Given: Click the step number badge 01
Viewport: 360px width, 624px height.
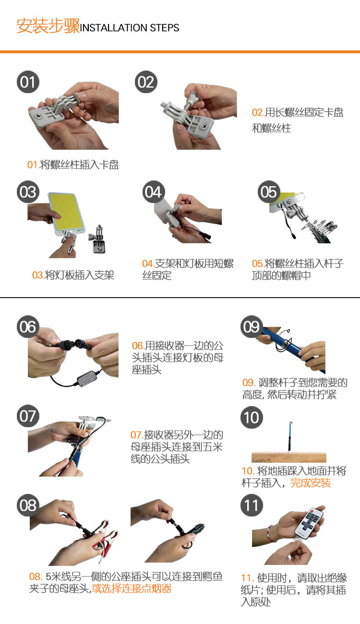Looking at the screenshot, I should [x=28, y=82].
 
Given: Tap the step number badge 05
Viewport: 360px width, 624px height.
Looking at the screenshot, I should [x=269, y=192].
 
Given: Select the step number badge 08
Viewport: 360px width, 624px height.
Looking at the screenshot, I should [x=28, y=505].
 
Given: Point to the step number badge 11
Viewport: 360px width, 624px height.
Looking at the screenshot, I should [x=251, y=505].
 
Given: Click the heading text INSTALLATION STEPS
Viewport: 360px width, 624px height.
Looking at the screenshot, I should [x=130, y=28].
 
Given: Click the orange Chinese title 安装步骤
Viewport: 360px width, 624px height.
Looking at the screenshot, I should [x=48, y=26].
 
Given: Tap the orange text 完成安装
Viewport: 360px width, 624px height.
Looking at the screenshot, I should [x=311, y=483].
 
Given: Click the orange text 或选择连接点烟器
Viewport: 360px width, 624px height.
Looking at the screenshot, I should [x=132, y=588].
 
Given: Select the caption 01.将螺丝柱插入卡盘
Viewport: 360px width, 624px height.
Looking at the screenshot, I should [x=73, y=165].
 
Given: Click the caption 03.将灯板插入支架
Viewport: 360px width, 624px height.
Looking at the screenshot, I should [x=73, y=275].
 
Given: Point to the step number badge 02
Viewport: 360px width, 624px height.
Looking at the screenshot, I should [x=145, y=82].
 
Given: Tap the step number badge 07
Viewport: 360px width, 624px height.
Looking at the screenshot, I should [x=28, y=416].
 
